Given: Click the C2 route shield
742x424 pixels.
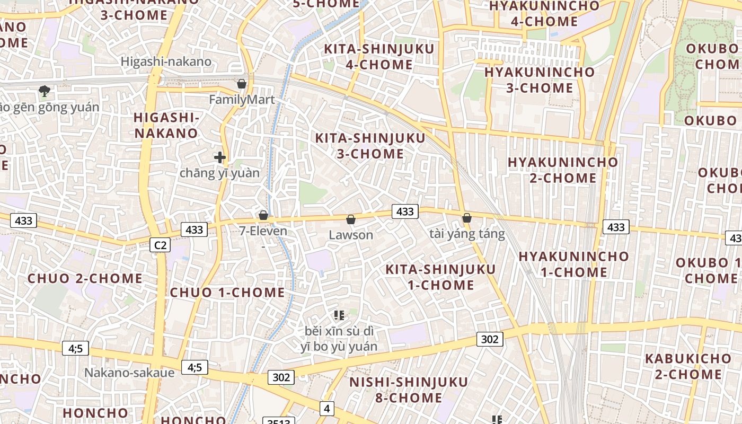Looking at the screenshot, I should (x=160, y=245).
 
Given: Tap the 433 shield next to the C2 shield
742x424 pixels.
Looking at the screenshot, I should (x=194, y=229).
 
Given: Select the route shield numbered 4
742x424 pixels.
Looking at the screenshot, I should (x=327, y=409).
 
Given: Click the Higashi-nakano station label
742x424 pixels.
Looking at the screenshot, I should (x=166, y=61).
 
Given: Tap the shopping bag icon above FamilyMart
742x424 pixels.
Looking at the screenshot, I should (x=242, y=84).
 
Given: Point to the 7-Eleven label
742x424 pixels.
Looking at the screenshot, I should (x=263, y=231).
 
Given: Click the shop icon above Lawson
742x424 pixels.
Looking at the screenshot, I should (x=350, y=219).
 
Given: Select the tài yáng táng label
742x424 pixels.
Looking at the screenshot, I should (x=467, y=234).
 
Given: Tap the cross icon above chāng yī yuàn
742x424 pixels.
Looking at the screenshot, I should (x=220, y=157).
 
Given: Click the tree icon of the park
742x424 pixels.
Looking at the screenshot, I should (x=45, y=91).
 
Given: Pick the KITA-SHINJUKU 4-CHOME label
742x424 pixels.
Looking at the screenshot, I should (x=379, y=57).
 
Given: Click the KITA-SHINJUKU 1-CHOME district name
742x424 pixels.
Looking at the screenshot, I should (x=440, y=277).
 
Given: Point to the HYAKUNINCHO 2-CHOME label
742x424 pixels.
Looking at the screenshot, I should (x=563, y=170).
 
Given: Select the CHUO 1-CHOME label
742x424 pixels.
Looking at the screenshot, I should (x=227, y=293).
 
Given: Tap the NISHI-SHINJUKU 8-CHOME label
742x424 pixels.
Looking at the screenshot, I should (x=409, y=390).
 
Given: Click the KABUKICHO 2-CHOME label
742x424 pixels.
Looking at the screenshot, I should (x=688, y=366).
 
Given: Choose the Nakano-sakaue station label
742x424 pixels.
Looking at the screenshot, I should (x=129, y=373).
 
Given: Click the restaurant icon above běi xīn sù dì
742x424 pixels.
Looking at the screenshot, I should (x=339, y=316).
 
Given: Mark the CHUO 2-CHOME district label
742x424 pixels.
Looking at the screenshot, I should (x=85, y=278).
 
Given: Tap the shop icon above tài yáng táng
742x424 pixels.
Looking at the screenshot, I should (x=467, y=218).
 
